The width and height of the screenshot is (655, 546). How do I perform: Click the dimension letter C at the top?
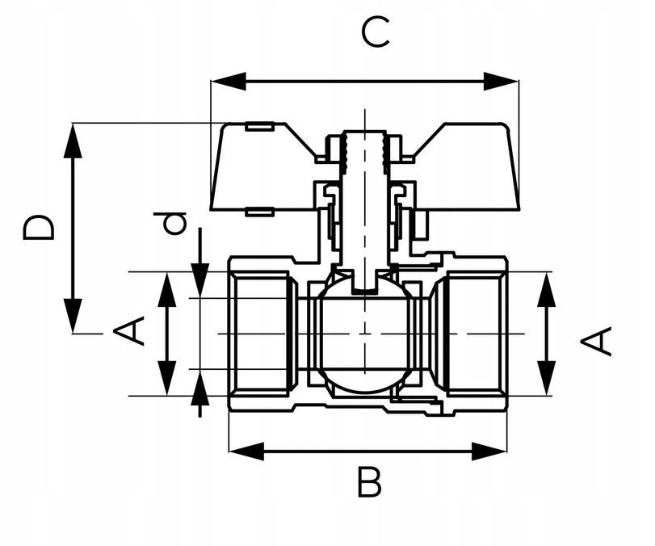(x=376, y=32)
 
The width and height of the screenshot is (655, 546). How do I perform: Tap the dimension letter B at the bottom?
(x=369, y=482)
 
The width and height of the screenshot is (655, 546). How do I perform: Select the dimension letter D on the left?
(x=39, y=228)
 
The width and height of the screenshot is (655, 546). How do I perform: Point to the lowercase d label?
(x=169, y=224)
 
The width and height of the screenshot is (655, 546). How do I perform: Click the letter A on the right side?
(x=596, y=342)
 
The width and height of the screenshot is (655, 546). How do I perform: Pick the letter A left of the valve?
(x=128, y=331)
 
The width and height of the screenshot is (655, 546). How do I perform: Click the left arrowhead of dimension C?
(x=228, y=81)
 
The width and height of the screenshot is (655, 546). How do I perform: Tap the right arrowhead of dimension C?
(x=501, y=81)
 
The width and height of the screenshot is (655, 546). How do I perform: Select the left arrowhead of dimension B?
(x=246, y=451)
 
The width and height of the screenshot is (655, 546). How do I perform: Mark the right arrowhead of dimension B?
(x=489, y=451)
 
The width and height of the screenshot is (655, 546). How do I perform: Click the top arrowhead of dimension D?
(x=73, y=140)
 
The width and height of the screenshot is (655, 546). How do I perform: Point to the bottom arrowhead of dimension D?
(x=73, y=316)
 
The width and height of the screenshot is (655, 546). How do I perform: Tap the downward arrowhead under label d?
(x=199, y=281)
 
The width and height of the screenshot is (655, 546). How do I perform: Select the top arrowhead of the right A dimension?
(x=547, y=289)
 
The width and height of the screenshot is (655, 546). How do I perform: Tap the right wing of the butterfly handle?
(x=467, y=167)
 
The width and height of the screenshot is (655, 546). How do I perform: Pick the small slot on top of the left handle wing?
(x=259, y=126)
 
